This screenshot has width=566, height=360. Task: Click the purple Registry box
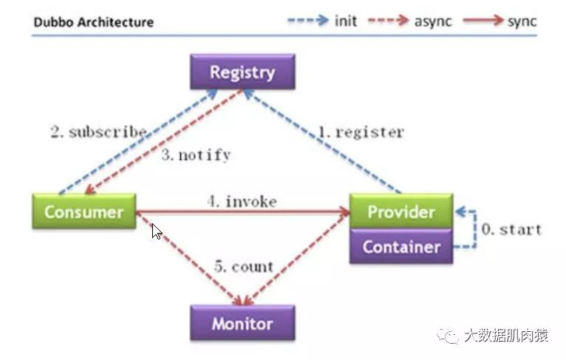click(x=242, y=72)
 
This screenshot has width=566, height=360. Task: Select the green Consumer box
click(x=83, y=212)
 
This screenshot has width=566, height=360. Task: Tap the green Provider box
click(x=400, y=212)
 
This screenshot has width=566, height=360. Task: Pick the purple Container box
click(x=400, y=247)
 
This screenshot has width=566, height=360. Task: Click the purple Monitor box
click(x=242, y=324)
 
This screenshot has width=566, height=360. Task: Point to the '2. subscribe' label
click(x=98, y=132)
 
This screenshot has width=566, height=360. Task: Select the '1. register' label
click(x=361, y=133)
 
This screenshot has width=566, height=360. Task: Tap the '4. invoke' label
click(x=242, y=201)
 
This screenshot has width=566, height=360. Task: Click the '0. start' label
click(x=511, y=229)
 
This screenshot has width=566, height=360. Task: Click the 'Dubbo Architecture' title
click(x=94, y=21)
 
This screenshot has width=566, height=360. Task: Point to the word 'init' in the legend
click(x=346, y=21)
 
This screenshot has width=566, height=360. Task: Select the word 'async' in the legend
click(x=432, y=21)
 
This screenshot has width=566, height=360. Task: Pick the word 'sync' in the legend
click(x=522, y=21)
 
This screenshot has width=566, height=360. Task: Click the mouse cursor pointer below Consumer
click(x=157, y=231)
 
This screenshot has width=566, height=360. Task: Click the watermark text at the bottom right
click(x=505, y=336)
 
